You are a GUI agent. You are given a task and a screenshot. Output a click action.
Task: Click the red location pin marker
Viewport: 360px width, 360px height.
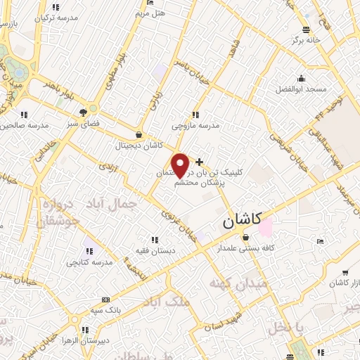181,165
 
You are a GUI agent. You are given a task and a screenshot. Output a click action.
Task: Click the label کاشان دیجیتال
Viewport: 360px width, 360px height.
141,146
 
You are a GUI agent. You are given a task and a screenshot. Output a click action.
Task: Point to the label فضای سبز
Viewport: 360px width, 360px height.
82,123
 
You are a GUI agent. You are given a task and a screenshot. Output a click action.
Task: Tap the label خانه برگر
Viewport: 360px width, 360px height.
306,40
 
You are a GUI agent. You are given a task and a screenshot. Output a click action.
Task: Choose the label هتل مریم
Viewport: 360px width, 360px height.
150,13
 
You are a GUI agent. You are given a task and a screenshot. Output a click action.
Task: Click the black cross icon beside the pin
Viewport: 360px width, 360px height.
199,162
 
